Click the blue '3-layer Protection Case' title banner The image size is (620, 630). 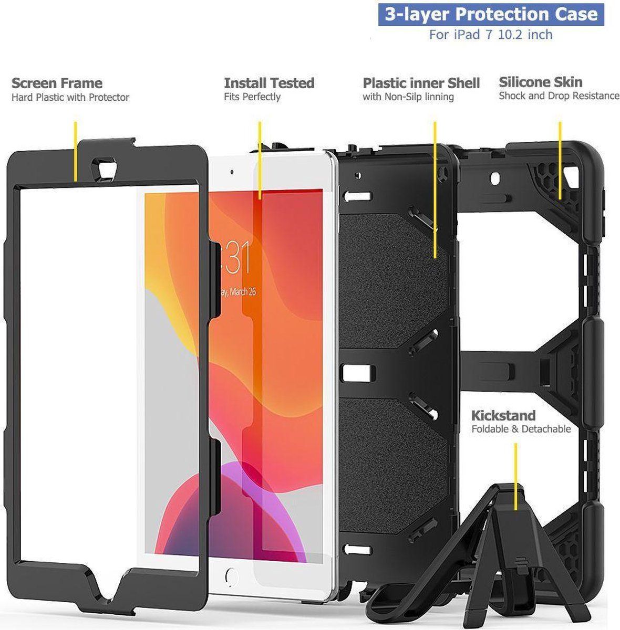(491, 14)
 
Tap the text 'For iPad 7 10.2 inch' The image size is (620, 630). (491, 35)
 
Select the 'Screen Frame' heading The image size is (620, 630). (57, 83)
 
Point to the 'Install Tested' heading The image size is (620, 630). (269, 83)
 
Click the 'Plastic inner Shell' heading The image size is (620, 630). (421, 83)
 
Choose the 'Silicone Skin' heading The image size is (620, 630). (541, 82)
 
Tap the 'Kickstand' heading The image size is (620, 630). (503, 415)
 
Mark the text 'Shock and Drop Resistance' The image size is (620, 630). (559, 96)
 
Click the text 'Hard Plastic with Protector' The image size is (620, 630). (70, 97)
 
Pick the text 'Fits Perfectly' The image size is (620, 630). (252, 97)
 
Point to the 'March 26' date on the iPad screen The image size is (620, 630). (239, 292)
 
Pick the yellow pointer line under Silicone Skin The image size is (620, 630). (560, 160)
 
